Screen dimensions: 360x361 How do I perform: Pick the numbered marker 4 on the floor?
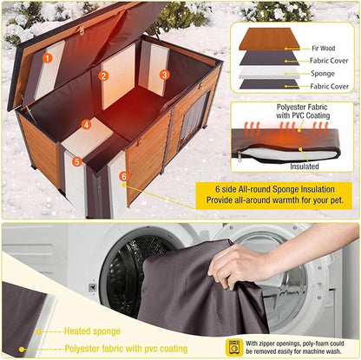pyautogui.click(x=86, y=125)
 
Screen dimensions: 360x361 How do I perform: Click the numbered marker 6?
pyautogui.click(x=123, y=176)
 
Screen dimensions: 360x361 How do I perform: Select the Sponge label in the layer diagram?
pyautogui.click(x=324, y=75)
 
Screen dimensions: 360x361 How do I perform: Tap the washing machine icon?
pyautogui.click(x=233, y=345)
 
